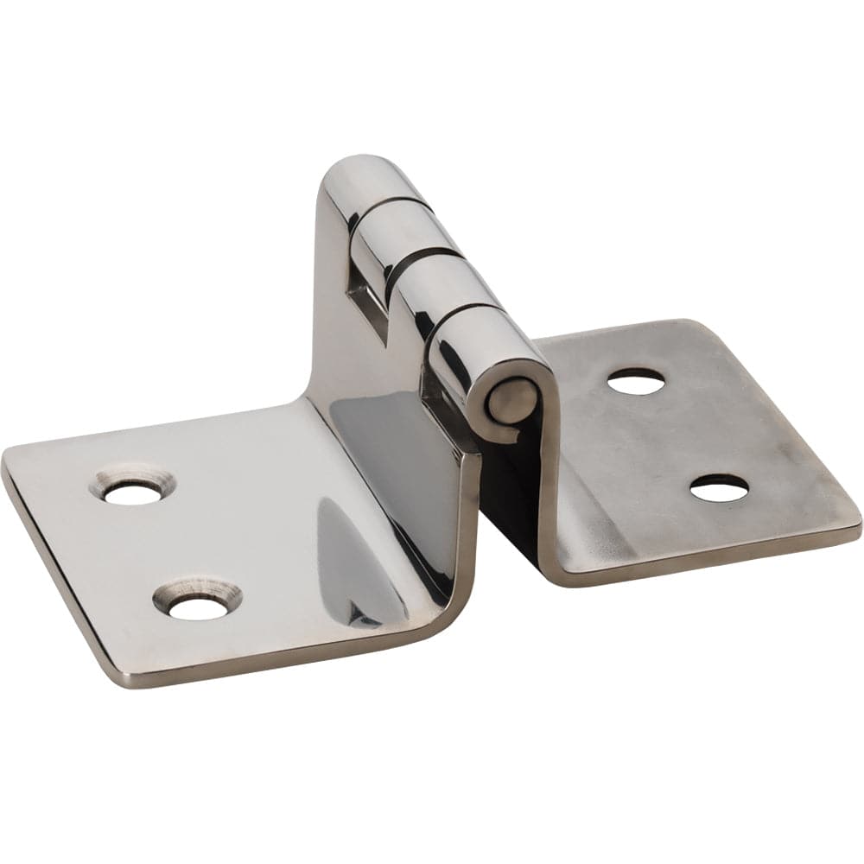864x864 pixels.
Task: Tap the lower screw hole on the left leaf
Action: click(198, 607)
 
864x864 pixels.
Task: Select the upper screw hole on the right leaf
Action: click(636, 382)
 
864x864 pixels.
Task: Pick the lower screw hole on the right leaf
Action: click(720, 490)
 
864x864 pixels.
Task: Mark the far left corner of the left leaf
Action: click(7, 458)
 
